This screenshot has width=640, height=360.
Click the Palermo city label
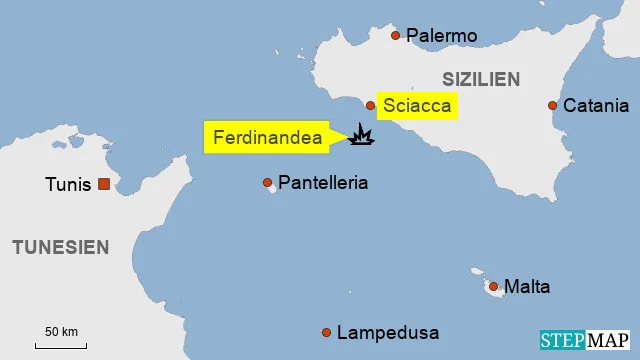click(441, 36)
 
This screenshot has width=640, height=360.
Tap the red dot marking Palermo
click(395, 35)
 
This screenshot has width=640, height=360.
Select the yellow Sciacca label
click(418, 105)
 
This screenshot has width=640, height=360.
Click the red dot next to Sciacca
click(370, 105)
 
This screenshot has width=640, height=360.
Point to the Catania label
click(596, 105)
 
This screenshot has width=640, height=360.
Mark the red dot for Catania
click(552, 105)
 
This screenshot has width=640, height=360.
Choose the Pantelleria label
click(323, 183)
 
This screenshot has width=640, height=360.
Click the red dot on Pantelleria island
click(267, 183)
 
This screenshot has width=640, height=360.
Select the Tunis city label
click(68, 184)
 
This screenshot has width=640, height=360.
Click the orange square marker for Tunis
click(103, 184)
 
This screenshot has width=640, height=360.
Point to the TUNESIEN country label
click(60, 247)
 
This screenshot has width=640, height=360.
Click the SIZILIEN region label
click(481, 78)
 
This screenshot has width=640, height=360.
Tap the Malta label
click(527, 287)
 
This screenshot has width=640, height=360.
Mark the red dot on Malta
click(493, 287)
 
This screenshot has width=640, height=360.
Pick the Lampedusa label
click(388, 333)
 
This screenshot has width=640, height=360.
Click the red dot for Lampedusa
click(326, 332)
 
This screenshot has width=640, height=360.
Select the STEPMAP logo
click(586, 340)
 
